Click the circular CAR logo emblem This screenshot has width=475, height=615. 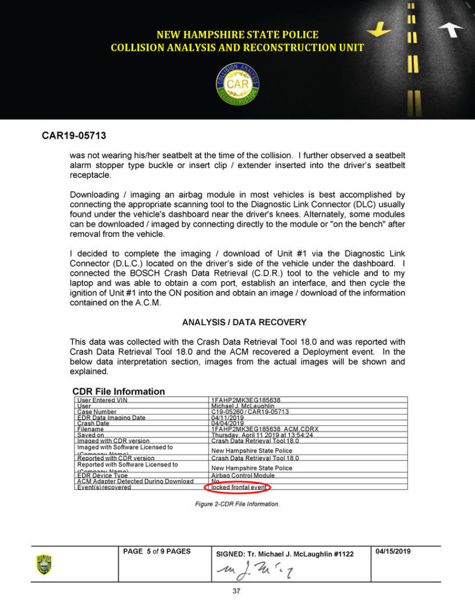(x=237, y=84)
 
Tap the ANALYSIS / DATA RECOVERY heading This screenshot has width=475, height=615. (x=244, y=322)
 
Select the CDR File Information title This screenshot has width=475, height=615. (x=119, y=391)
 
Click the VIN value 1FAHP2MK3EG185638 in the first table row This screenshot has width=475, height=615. (x=246, y=400)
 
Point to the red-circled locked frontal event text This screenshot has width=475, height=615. (x=237, y=487)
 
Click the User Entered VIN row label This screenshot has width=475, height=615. (x=102, y=400)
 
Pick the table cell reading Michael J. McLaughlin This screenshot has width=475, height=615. (x=243, y=406)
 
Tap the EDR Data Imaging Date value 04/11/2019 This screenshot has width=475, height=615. (x=224, y=417)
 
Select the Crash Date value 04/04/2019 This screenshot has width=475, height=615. (x=224, y=423)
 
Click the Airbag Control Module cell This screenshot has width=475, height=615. (x=243, y=475)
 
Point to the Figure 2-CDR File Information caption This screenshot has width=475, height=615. (x=237, y=504)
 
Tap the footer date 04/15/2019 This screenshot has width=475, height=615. (x=393, y=551)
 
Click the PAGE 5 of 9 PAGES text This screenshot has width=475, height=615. (x=157, y=551)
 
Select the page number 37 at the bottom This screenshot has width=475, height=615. (x=236, y=591)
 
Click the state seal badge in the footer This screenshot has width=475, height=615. (x=44, y=564)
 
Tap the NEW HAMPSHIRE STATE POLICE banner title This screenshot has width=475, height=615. (x=237, y=35)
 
